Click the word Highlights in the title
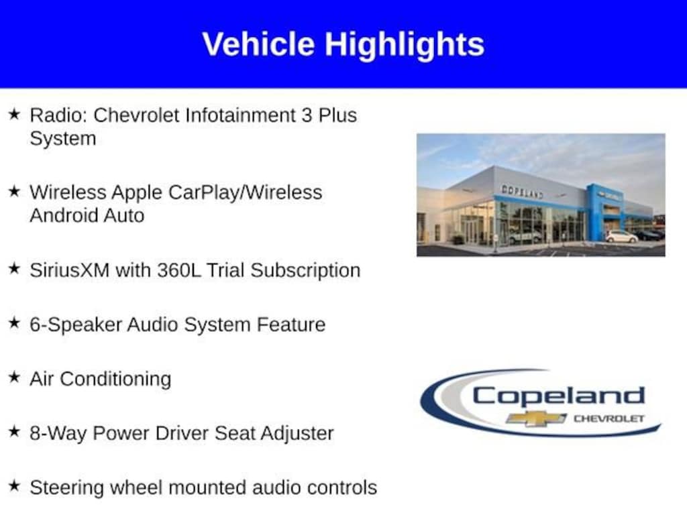pyautogui.click(x=404, y=46)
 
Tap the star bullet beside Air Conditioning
pyautogui.click(x=15, y=377)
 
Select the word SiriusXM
pyautogui.click(x=70, y=270)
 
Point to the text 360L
pyautogui.click(x=178, y=270)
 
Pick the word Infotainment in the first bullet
pyautogui.click(x=240, y=115)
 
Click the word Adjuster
pyautogui.click(x=297, y=434)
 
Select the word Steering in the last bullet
pyautogui.click(x=66, y=488)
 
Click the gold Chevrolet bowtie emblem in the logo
pyautogui.click(x=536, y=418)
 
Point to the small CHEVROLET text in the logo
pyautogui.click(x=609, y=418)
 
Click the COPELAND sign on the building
pyautogui.click(x=522, y=191)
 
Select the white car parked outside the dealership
pyautogui.click(x=621, y=237)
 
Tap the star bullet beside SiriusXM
pyautogui.click(x=15, y=268)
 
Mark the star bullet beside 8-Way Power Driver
pyautogui.click(x=15, y=431)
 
